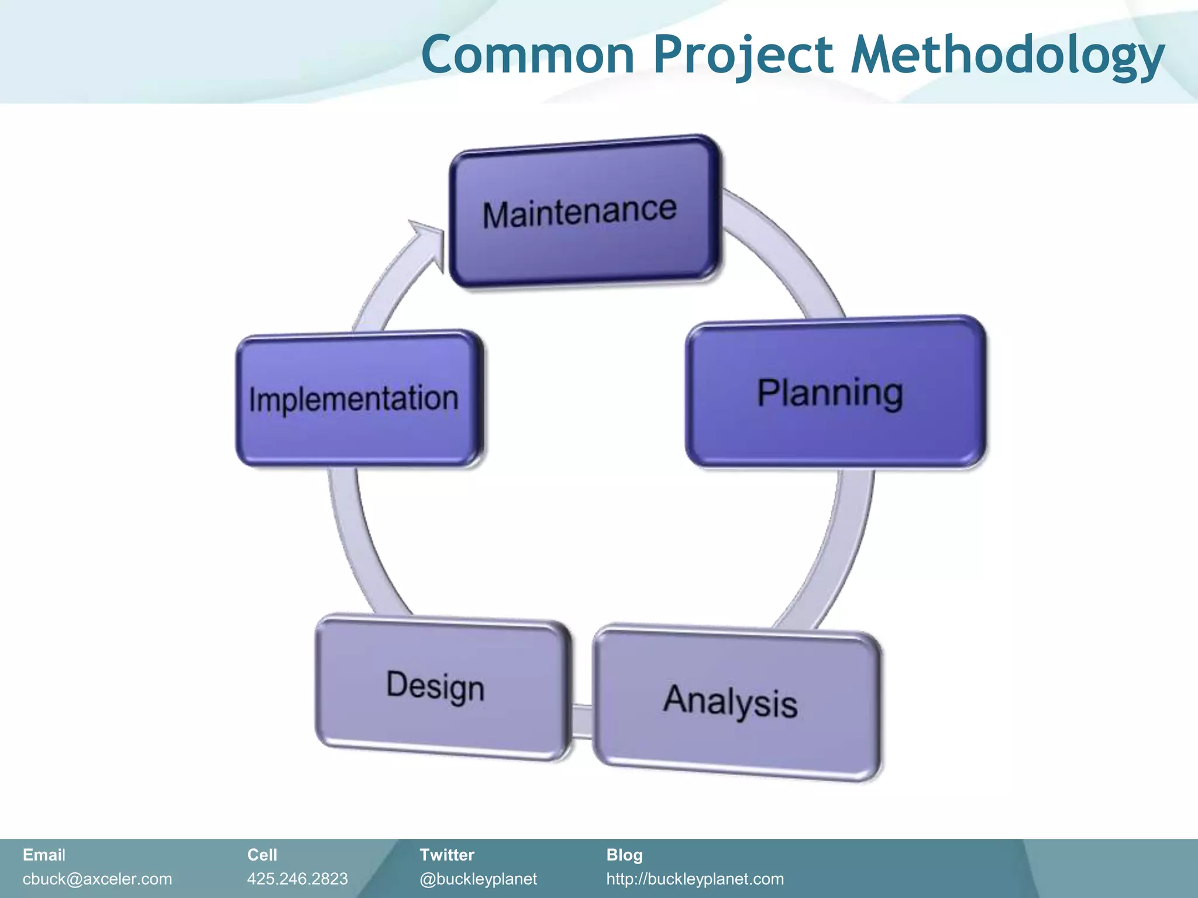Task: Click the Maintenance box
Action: click(x=584, y=212)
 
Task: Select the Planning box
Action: click(x=835, y=392)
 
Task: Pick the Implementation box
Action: click(x=358, y=399)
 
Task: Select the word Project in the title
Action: click(x=743, y=55)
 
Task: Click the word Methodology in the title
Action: click(x=1006, y=55)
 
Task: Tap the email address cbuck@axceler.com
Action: click(x=97, y=879)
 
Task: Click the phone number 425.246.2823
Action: click(x=297, y=879)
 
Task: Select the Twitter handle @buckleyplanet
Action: click(x=478, y=879)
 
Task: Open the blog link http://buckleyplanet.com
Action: click(x=694, y=879)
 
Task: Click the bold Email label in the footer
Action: click(x=44, y=855)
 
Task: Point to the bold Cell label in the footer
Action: click(x=261, y=855)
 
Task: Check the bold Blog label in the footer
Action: click(x=624, y=855)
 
